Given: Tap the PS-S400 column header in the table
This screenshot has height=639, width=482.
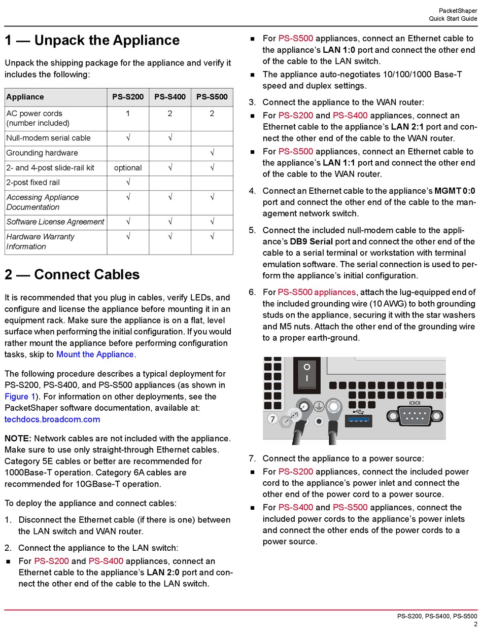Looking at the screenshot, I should [x=170, y=97].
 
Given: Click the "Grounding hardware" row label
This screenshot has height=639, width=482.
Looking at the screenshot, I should [x=42, y=153].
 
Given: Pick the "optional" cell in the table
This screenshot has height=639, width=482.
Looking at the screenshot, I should [x=128, y=168].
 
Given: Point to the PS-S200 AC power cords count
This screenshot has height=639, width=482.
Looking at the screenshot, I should [x=128, y=114].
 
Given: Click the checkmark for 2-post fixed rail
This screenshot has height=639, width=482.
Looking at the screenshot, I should [x=128, y=183].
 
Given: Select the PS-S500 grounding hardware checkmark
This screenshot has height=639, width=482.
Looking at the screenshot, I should [x=212, y=153].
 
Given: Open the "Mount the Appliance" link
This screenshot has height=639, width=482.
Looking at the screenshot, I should [x=95, y=354].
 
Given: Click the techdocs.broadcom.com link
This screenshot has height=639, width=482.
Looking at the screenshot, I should [x=52, y=419].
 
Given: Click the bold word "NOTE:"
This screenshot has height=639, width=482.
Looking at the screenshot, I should [x=18, y=439].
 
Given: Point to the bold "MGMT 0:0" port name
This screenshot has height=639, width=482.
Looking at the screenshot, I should [x=455, y=191].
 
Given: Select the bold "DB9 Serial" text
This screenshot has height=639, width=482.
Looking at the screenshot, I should [x=311, y=241].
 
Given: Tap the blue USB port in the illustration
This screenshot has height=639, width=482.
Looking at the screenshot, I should [x=358, y=421].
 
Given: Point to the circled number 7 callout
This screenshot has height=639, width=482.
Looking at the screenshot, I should [x=272, y=419].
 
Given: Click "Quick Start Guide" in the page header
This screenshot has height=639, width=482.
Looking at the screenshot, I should [x=453, y=19].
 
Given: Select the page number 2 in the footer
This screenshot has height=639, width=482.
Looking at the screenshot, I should [x=475, y=624].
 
